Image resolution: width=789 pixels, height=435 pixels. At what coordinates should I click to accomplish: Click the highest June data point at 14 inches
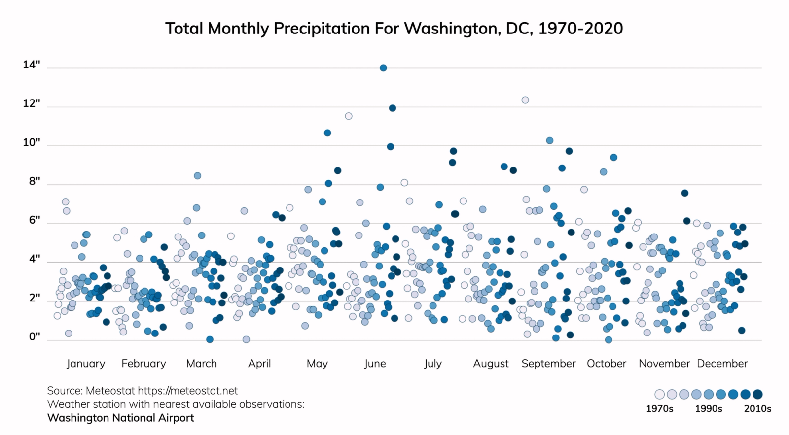coord(383,68)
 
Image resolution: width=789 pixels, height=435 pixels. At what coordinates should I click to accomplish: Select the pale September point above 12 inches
coord(525,100)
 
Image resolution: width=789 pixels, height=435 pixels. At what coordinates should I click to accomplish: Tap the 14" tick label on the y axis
coord(32,65)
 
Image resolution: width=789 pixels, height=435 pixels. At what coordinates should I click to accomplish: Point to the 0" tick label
coord(34,336)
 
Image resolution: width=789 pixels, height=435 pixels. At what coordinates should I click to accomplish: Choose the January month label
coord(86,364)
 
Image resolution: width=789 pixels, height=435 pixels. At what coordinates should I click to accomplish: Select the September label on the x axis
coord(548,364)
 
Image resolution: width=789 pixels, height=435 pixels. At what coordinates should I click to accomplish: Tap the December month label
coord(722,364)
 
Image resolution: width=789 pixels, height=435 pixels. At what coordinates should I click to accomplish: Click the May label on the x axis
coord(317,364)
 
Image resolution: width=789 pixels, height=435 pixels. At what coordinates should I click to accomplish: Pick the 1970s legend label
coord(659,409)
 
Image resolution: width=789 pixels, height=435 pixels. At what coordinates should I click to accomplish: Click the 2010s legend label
coord(757,409)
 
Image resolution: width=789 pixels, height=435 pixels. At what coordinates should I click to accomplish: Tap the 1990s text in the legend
coord(709,409)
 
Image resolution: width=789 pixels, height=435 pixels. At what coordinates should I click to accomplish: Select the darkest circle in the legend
coord(757,394)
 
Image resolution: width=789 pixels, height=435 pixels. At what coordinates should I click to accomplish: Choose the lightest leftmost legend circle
coord(660,394)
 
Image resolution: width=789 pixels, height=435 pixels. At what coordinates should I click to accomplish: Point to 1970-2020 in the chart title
coord(580,29)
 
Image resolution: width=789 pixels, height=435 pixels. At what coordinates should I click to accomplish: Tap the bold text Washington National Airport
coord(120,418)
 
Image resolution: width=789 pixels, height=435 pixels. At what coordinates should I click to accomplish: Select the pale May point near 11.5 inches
coord(349,116)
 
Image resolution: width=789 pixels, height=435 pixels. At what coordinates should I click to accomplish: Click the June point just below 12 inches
coord(393,108)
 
